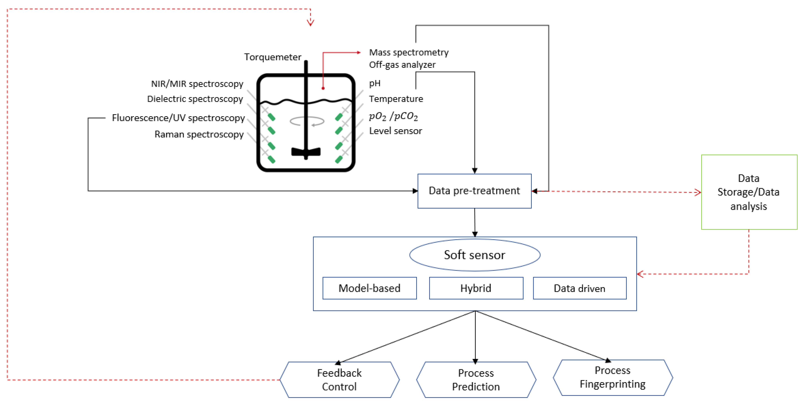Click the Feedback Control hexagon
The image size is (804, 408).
339,380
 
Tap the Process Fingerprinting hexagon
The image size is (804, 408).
612,377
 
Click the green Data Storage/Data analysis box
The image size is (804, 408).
749,192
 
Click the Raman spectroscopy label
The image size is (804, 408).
199,134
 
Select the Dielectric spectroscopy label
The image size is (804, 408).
195,99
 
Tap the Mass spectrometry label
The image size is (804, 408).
409,52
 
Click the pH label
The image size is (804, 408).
375,83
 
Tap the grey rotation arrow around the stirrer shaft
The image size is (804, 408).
307,121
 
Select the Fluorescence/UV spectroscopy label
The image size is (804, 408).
178,118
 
